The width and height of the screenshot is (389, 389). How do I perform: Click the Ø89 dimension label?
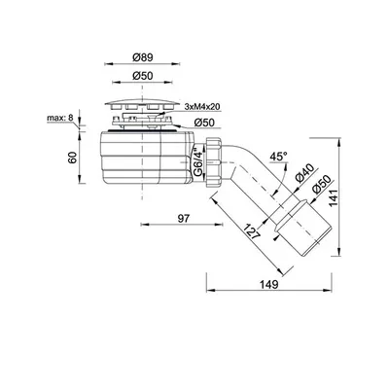[143, 57]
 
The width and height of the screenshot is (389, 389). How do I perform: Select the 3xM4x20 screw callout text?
[202, 107]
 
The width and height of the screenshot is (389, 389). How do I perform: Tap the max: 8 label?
[60, 118]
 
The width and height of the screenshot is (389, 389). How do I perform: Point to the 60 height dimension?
[72, 158]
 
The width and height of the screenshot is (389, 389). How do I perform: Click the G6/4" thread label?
[197, 162]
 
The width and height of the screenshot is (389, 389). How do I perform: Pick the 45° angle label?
[279, 157]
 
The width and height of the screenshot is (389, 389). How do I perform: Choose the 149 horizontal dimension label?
[268, 284]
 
